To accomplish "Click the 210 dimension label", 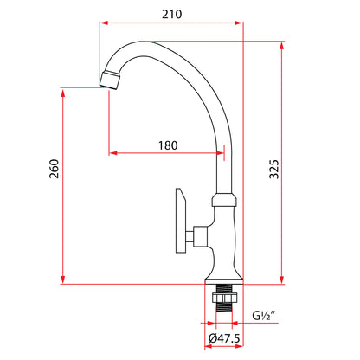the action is pos(172,14).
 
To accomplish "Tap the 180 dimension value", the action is pos(168,145).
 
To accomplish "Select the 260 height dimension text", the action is pos(54,169).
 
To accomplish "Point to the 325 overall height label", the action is pos(274,170).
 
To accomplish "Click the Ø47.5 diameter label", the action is pos(224,338).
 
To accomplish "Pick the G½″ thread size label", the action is pos(264,316).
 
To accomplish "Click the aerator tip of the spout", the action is pos(110,80).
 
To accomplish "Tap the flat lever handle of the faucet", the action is pos(181,221).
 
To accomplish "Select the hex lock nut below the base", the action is pos(224,298).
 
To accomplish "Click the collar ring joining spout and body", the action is pos(224,200).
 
